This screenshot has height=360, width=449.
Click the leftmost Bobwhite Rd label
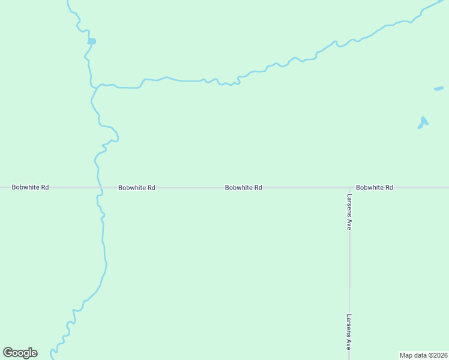click(x=30, y=187)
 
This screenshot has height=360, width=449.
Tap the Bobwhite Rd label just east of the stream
click(x=137, y=188)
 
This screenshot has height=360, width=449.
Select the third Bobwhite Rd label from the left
click(x=243, y=188)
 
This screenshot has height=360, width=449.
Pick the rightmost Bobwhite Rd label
click(x=374, y=188)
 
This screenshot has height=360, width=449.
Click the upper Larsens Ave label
click(x=349, y=212)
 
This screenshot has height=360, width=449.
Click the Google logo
click(x=20, y=353)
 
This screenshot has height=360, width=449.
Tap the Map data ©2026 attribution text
click(x=423, y=355)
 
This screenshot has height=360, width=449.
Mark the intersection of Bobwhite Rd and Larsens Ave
click(x=349, y=188)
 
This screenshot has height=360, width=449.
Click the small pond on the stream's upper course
click(x=91, y=41)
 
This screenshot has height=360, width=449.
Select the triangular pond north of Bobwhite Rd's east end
click(x=423, y=123)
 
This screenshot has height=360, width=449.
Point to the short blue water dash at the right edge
click(x=439, y=89)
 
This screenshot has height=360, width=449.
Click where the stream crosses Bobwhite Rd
click(x=100, y=188)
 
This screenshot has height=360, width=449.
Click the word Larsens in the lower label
click(x=349, y=326)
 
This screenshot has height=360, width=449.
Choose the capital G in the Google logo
click(x=8, y=353)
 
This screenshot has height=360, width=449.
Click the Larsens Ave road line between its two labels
click(x=349, y=270)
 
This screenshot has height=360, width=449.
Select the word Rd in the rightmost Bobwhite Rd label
click(x=388, y=188)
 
